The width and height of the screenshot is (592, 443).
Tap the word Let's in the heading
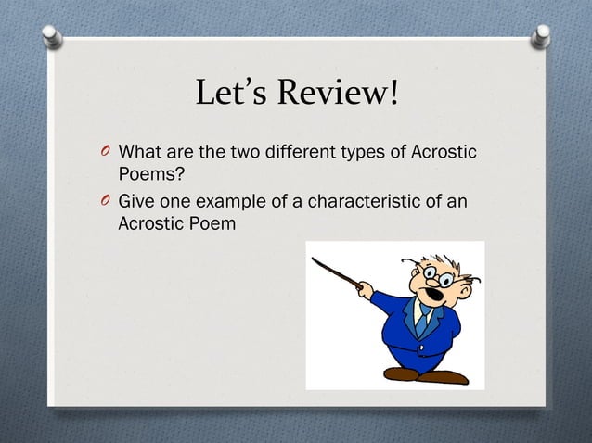232,94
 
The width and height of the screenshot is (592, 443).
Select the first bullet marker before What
108,151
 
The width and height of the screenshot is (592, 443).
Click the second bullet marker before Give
108,202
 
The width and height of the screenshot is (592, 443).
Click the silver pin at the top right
541,35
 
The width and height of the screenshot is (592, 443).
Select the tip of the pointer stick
312,259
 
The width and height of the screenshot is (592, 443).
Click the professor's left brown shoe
401,373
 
